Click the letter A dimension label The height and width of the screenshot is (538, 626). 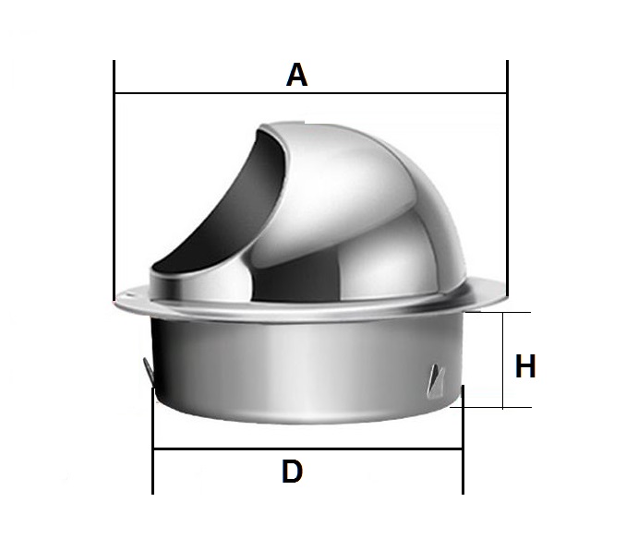[296, 74]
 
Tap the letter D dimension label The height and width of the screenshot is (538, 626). [292, 472]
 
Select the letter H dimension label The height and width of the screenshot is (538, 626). [525, 366]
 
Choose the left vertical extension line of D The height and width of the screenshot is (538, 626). [152, 443]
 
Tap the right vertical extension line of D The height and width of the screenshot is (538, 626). [463, 443]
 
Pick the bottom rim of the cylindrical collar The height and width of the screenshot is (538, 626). [305, 419]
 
